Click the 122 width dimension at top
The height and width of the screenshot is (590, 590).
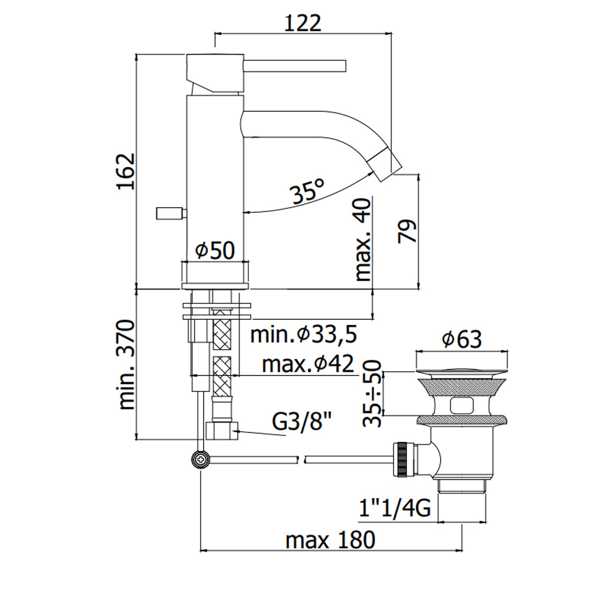coord(303,24)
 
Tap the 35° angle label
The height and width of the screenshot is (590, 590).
coord(307,192)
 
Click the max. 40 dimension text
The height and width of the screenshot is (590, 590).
coord(363,240)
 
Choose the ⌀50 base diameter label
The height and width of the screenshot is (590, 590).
coord(215,251)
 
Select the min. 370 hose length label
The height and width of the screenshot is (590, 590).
coord(126,365)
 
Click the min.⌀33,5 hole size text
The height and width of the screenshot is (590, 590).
coord(303,334)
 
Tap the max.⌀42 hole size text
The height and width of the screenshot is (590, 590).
coord(308,364)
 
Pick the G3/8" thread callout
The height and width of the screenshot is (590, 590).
coord(301,422)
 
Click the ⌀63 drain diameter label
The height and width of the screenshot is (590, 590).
coord(462,339)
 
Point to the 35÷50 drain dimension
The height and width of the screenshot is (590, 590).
coord(372,393)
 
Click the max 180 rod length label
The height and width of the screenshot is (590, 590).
coord(330,540)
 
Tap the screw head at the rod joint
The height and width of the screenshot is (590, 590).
coord(201,459)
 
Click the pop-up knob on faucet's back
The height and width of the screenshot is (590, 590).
coord(169,214)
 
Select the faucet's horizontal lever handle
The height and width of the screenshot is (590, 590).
coord(294,65)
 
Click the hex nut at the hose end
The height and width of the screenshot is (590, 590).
coord(222,430)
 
